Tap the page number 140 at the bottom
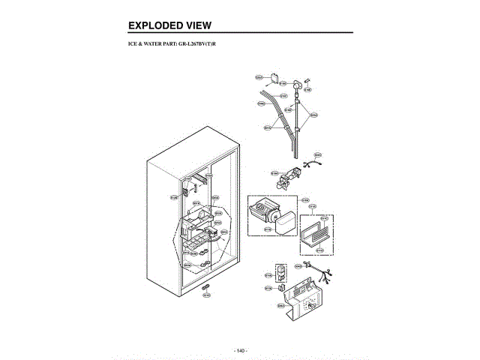[x=241, y=350]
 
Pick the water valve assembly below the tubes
[x=286, y=178]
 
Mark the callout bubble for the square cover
[x=259, y=76]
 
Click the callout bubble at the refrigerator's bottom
[x=206, y=295]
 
